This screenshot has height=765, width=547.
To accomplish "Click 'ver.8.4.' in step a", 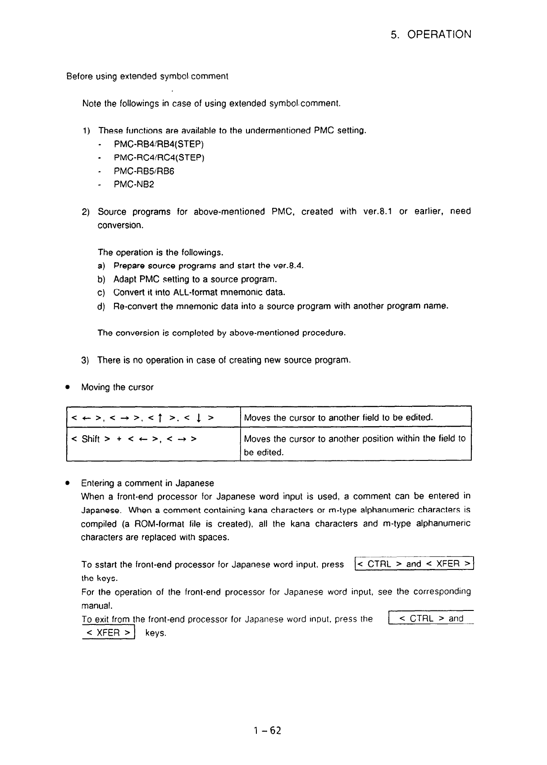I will (288, 266).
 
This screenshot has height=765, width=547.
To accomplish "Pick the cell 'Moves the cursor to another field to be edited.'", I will (356, 418).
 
